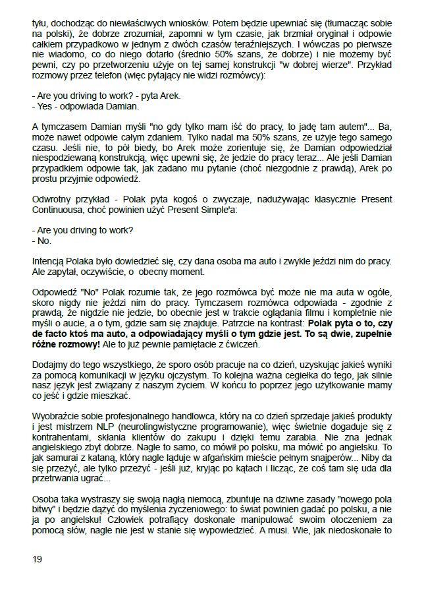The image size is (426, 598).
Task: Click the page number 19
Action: click(37, 559)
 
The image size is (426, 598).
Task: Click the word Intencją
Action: click(51, 260)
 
